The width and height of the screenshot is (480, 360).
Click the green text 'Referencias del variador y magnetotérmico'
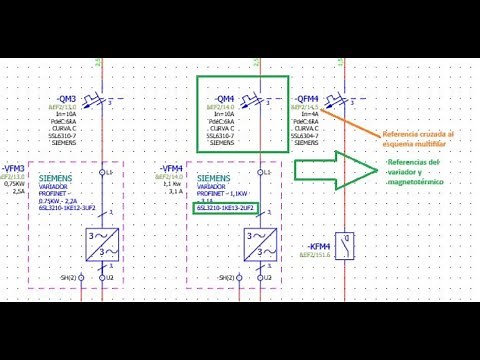[x=412, y=171]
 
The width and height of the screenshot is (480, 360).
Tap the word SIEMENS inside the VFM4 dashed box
[x=212, y=177]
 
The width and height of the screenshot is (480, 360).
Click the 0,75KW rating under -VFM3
[x=14, y=183]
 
